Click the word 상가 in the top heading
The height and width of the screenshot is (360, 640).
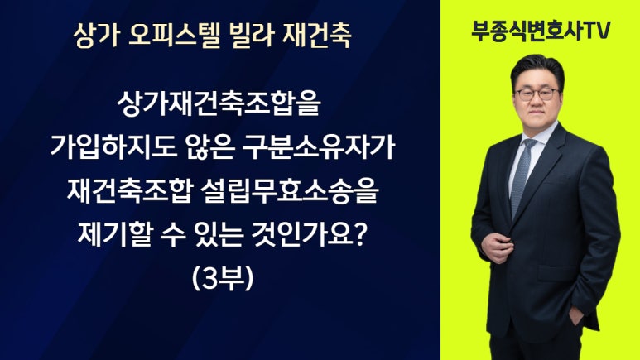pos(96,36)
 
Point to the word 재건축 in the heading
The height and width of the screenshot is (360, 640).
pos(316,36)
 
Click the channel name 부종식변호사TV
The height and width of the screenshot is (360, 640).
pos(541,30)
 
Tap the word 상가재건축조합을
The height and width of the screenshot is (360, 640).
pos(219,103)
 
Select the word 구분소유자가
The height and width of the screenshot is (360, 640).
pos(319,147)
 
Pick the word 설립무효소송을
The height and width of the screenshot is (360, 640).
pos(290,191)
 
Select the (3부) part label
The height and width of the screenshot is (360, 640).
pos(223,279)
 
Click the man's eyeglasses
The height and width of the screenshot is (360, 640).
pos(537,94)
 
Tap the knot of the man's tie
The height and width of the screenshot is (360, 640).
pos(529,145)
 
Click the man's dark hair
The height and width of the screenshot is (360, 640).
pos(537,69)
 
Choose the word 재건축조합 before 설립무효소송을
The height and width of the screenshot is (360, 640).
pos(129,191)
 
